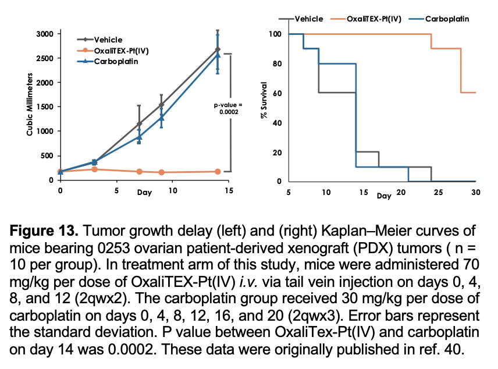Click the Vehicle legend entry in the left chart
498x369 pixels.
[108, 40]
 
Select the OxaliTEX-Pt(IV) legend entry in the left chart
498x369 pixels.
[122, 51]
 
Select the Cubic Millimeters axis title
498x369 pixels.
[29, 105]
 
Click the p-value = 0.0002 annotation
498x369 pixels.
[223, 108]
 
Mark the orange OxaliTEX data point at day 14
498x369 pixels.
[218, 172]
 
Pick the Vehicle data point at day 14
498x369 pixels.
[218, 49]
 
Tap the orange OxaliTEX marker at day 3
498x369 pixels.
[94, 169]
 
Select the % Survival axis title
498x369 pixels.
[264, 102]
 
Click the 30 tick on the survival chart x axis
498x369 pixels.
[476, 192]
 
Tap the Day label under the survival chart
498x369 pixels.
[384, 196]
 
